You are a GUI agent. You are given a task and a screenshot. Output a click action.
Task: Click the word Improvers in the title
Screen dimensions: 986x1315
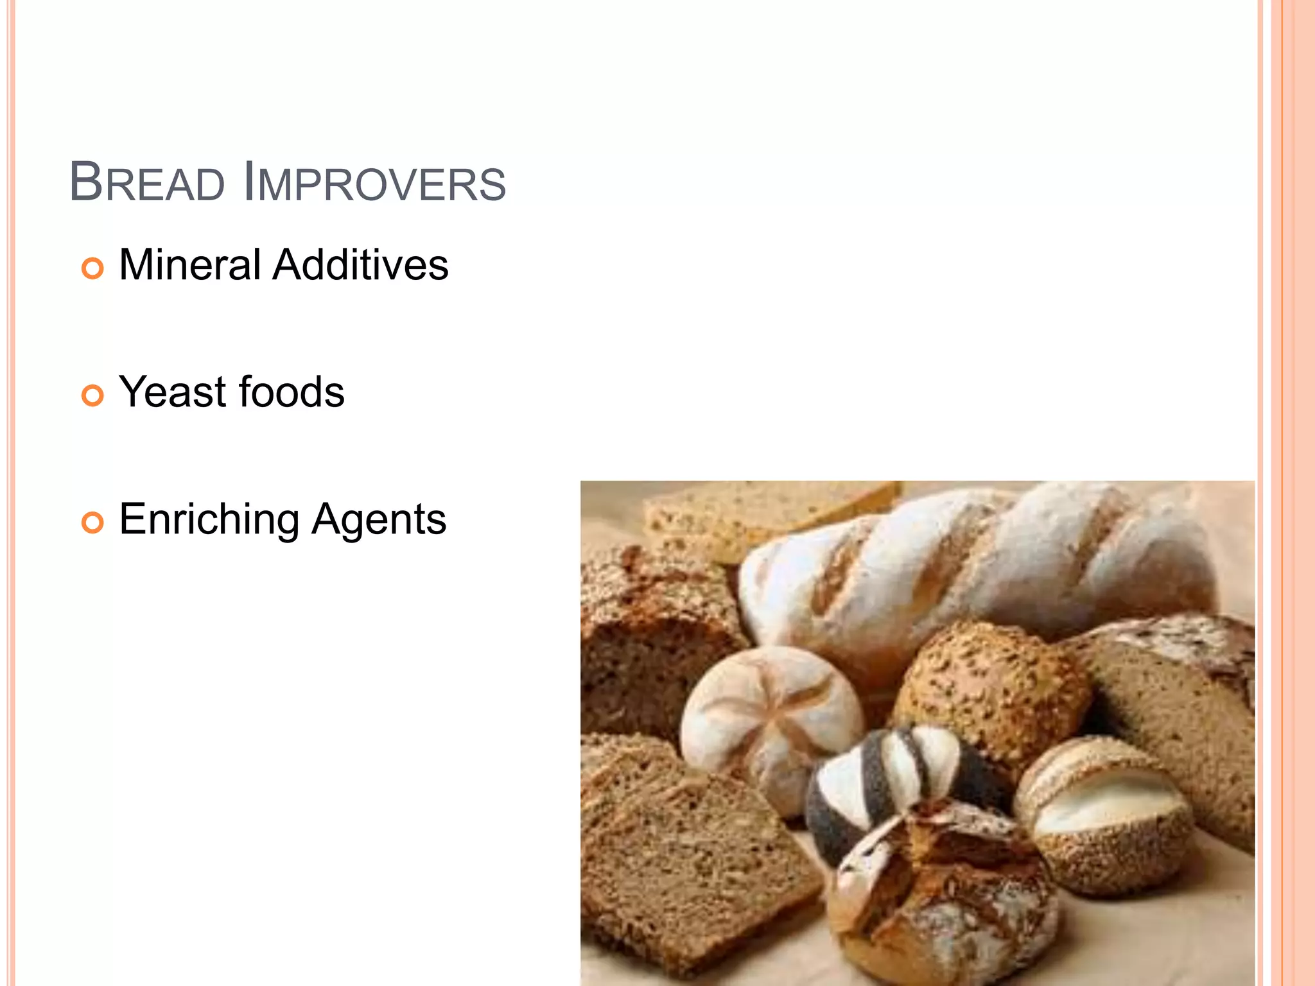[x=375, y=183]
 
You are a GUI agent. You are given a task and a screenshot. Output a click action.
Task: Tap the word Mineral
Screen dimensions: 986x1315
[x=190, y=264]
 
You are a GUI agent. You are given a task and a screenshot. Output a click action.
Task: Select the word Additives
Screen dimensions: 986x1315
[x=360, y=264]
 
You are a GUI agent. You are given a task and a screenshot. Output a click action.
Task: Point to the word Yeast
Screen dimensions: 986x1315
[x=173, y=392]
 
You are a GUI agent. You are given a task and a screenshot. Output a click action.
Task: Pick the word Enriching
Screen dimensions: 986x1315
[x=209, y=520]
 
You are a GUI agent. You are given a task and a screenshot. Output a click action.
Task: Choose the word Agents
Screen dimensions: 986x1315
[x=379, y=519]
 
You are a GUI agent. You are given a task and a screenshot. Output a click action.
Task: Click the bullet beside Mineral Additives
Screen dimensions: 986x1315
[x=92, y=268]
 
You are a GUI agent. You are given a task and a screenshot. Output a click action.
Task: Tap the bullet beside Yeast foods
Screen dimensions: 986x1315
[x=92, y=395]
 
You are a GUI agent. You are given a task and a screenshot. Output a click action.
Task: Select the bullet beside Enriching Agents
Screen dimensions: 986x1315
[x=92, y=523]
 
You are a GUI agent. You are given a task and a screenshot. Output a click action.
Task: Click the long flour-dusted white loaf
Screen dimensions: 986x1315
[x=976, y=565]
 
